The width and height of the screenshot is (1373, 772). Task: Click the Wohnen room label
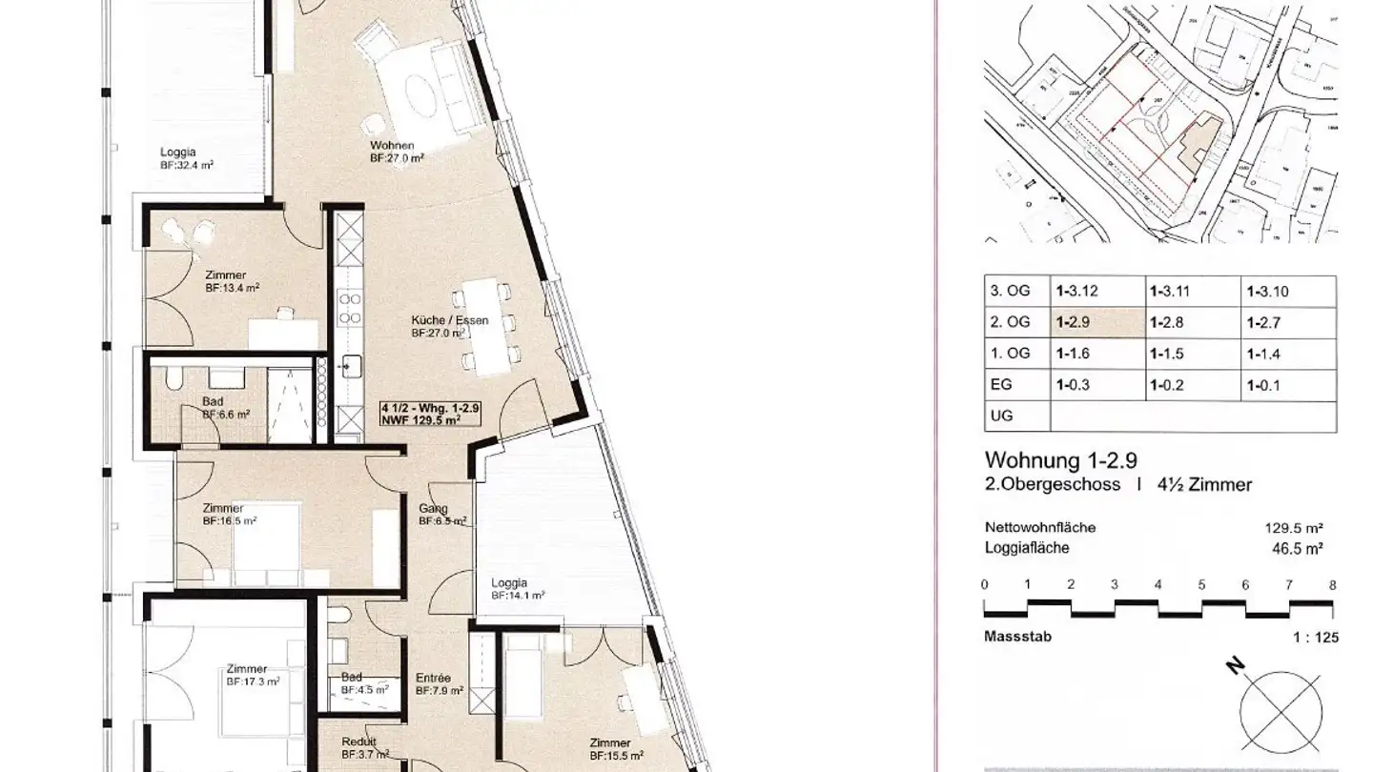coord(392,146)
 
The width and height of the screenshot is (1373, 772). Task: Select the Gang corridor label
coord(433,508)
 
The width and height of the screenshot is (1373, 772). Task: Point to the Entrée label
coord(433,679)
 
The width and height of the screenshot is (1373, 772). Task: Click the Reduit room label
coord(359,742)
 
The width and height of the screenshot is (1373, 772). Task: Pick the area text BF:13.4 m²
coord(232,287)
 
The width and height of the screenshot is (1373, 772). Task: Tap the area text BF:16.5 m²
coord(230,521)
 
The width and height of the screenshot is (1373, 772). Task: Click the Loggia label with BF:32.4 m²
coord(178,152)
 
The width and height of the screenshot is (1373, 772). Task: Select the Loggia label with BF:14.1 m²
coord(509,583)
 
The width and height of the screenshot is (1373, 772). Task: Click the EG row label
coord(1000,385)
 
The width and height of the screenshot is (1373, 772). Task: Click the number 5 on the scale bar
coord(1201,584)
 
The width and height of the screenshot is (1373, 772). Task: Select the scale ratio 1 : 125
coord(1311,636)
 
